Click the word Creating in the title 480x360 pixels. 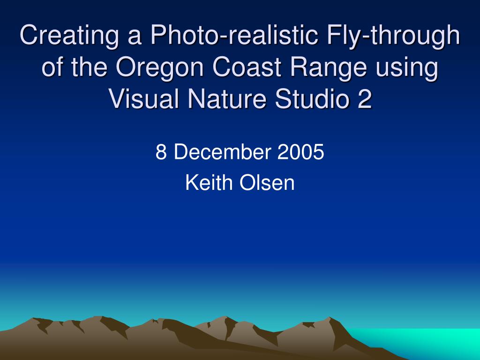(69, 36)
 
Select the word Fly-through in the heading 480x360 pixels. (393, 36)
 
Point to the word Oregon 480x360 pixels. (160, 68)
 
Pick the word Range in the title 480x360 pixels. (328, 68)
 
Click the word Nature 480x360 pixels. (227, 99)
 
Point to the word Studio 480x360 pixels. (312, 99)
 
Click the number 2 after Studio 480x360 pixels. (365, 99)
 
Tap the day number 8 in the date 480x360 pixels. (161, 152)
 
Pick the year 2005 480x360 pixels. (300, 152)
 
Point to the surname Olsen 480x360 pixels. (267, 182)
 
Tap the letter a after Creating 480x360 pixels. (135, 37)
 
